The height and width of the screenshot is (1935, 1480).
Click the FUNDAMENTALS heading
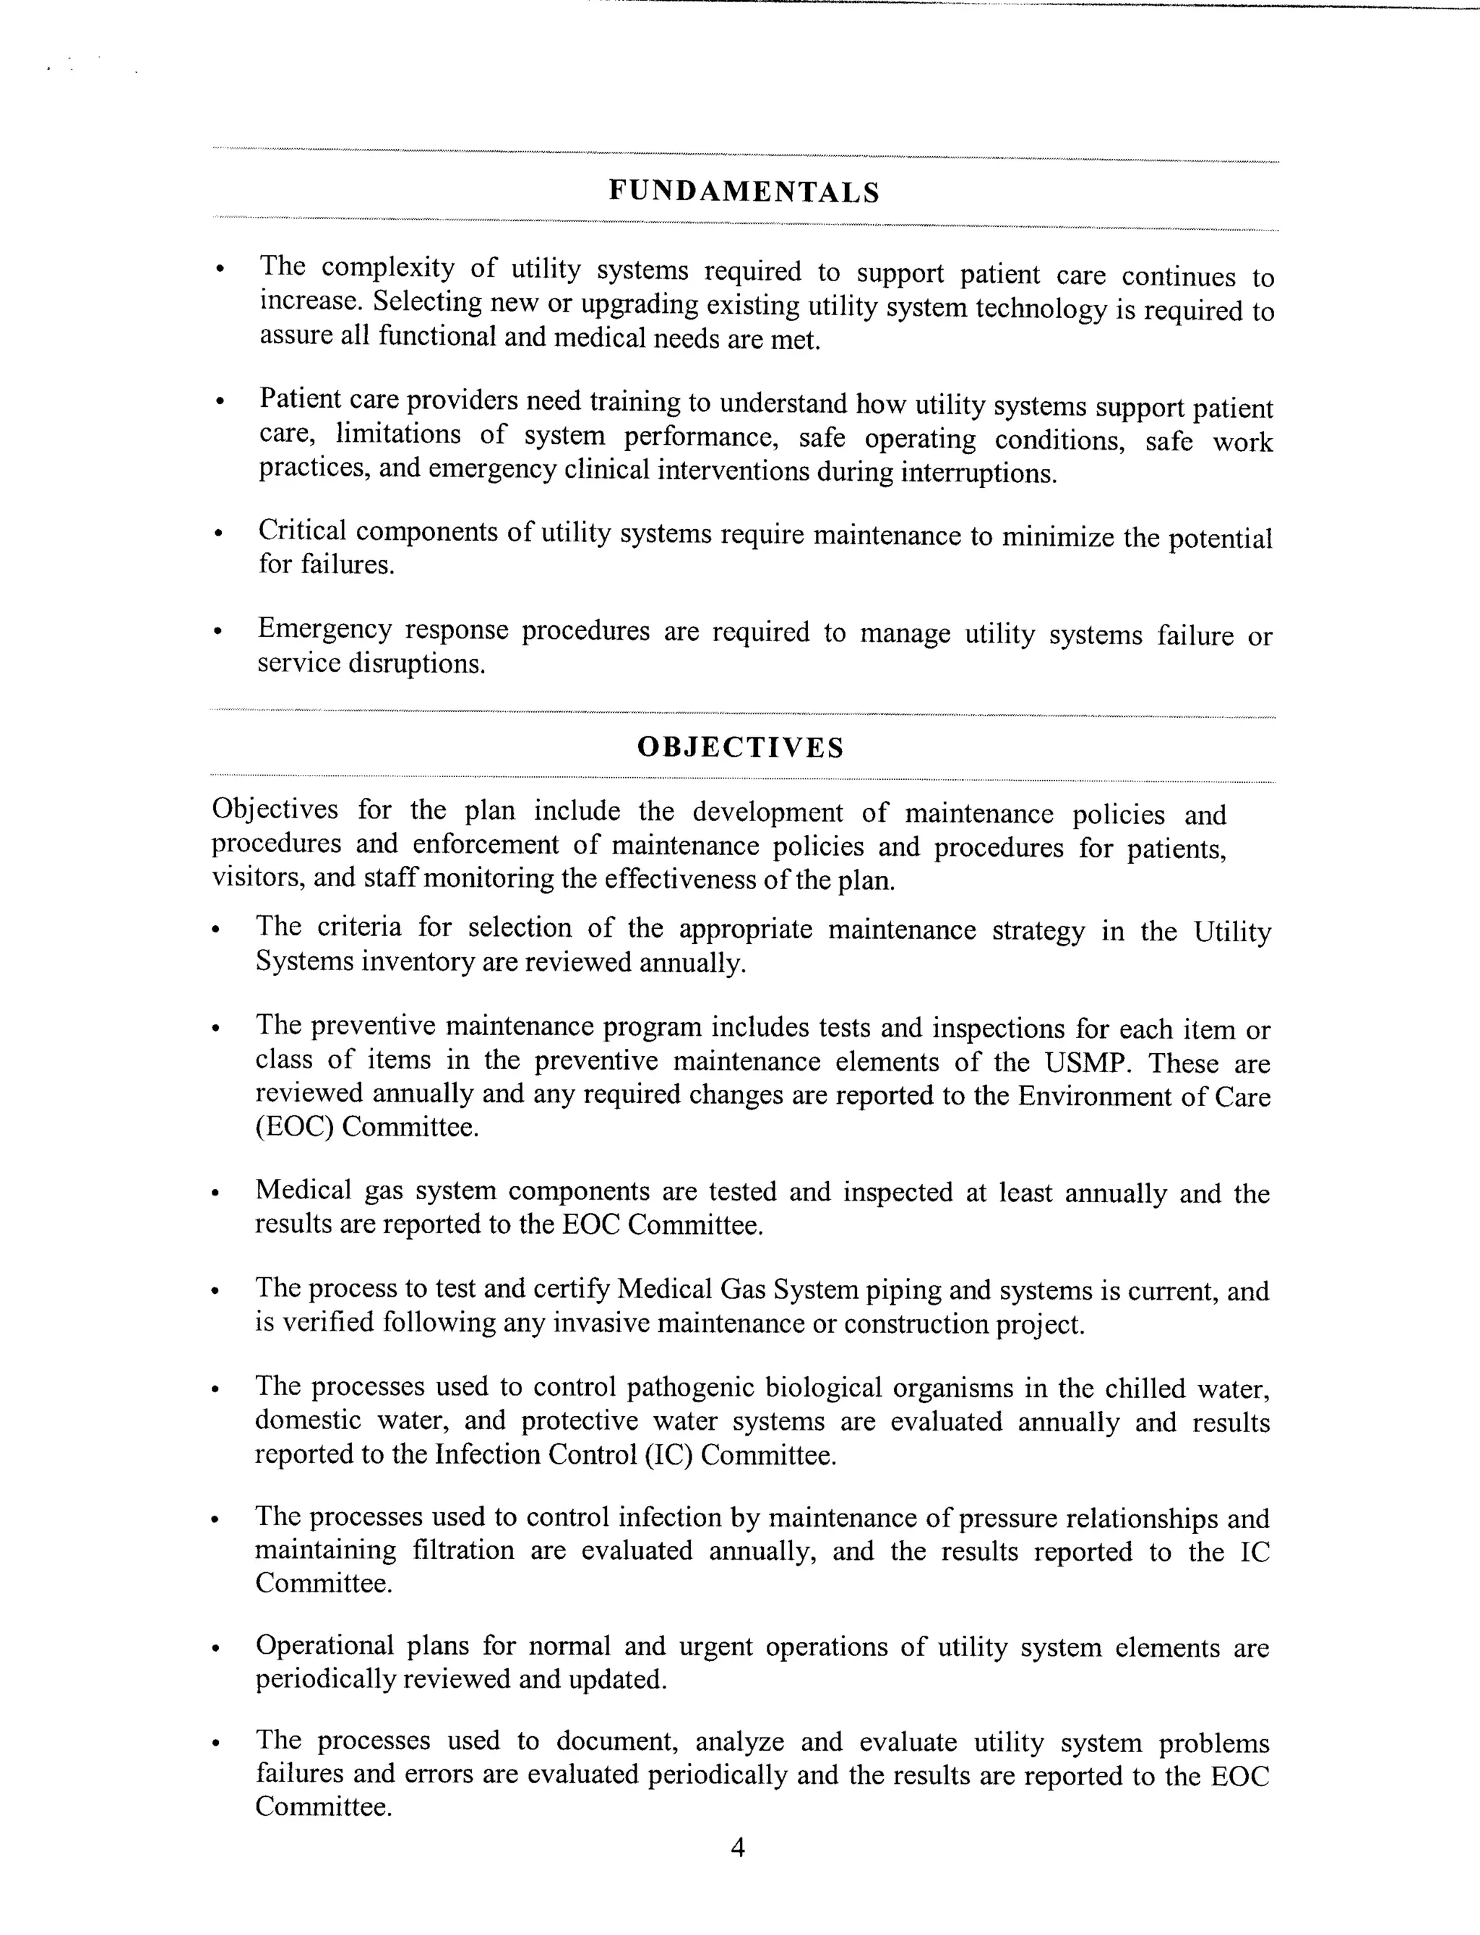point(744,192)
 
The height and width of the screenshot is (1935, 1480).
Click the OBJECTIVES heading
point(740,747)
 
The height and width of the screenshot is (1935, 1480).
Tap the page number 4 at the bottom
point(739,1847)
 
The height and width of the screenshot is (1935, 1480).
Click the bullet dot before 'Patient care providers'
point(220,403)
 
